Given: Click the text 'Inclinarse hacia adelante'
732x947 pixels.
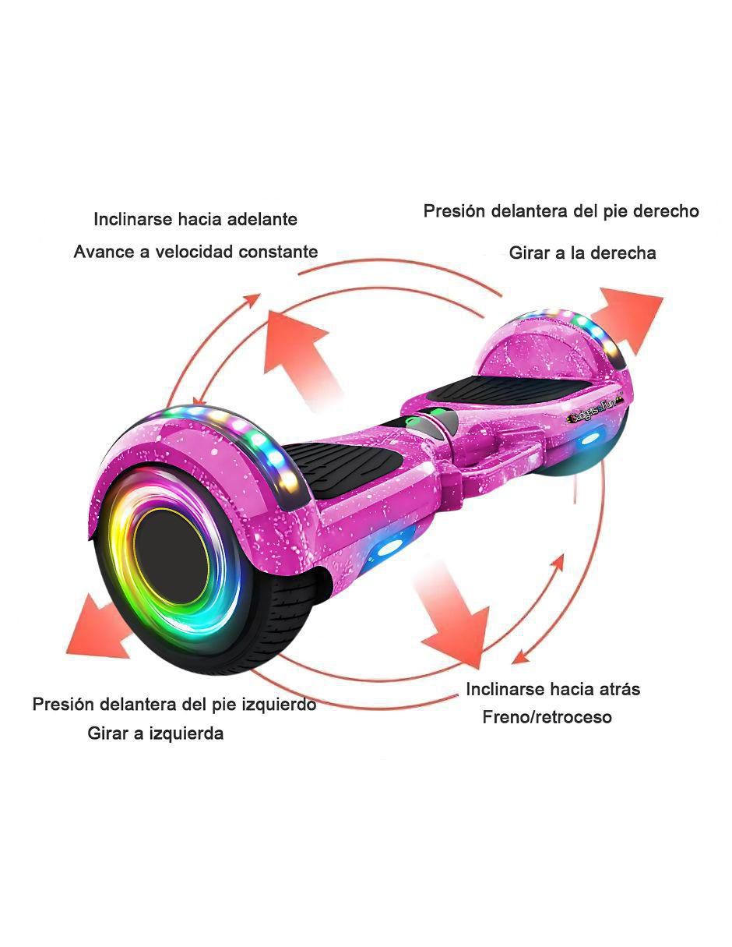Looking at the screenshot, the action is (195, 219).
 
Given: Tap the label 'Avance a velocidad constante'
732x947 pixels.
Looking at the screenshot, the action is (195, 252).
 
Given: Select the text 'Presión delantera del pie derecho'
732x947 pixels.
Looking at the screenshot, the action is (561, 211).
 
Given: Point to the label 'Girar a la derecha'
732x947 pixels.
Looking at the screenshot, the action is (582, 253).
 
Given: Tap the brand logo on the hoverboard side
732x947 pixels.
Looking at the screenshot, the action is (595, 415).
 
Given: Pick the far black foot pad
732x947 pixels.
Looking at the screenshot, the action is (509, 389).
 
